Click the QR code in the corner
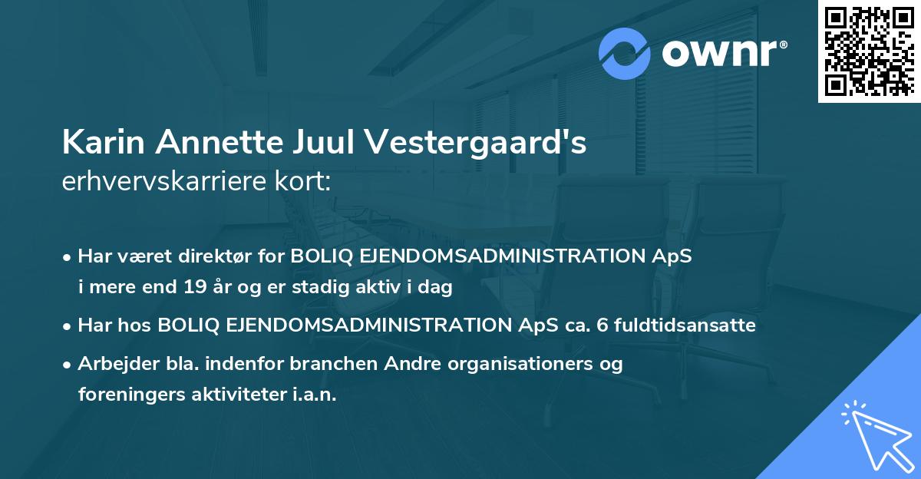click(869, 51)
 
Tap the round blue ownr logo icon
click(625, 54)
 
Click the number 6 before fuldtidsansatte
click(579, 325)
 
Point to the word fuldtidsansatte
click(674, 325)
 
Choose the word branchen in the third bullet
click(305, 364)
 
